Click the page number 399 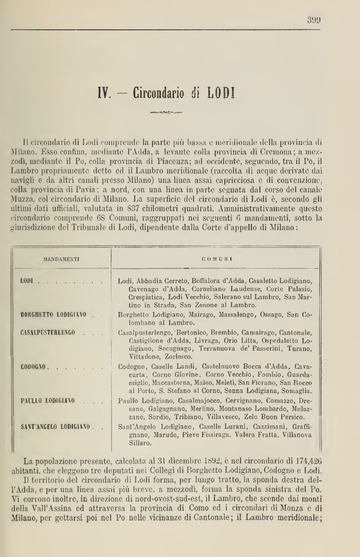(314, 21)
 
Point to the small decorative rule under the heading (166, 110)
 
